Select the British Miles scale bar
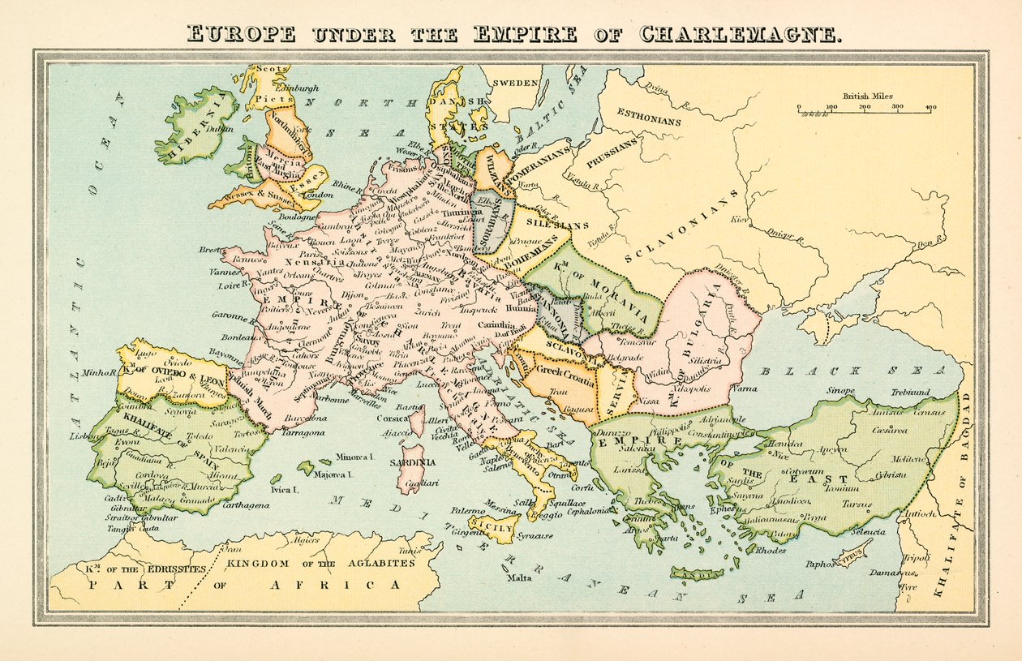(864, 109)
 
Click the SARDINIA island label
(413, 462)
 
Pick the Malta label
(519, 578)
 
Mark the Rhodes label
(771, 550)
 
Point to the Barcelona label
(305, 418)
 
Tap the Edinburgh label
(297, 88)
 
